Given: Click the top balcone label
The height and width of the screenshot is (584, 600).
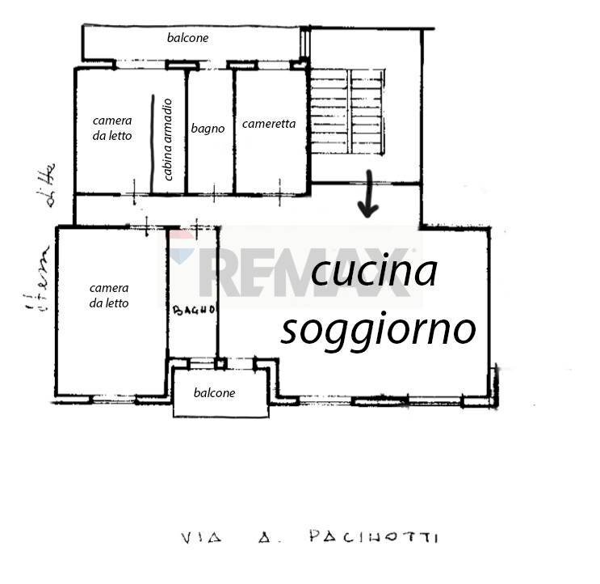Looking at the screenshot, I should [x=187, y=37].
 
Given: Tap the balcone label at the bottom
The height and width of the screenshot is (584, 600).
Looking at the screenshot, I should [x=215, y=393].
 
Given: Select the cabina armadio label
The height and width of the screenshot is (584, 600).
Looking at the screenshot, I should [x=167, y=138].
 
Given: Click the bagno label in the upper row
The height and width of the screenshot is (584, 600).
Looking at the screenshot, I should [x=208, y=128].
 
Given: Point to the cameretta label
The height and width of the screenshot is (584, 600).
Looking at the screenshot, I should [x=269, y=124].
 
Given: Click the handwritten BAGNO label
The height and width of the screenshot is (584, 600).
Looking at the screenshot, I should [x=194, y=310].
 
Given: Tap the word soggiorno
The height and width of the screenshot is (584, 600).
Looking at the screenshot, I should [x=378, y=328].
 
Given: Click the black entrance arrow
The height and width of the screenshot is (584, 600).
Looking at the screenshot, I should [x=368, y=196].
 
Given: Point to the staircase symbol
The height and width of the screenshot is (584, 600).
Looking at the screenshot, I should [x=348, y=111].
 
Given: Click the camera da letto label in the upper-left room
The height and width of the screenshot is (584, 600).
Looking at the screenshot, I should [x=111, y=128].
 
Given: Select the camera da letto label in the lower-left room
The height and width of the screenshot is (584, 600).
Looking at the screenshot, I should [x=109, y=295].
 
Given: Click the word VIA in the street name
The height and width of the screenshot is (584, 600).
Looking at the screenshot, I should [x=195, y=537].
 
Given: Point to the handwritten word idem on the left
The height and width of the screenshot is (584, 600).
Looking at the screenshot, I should [x=38, y=279].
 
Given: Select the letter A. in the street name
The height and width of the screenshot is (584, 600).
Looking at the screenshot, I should [x=266, y=537].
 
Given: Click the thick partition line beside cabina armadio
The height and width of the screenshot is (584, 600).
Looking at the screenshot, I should [x=153, y=143].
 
